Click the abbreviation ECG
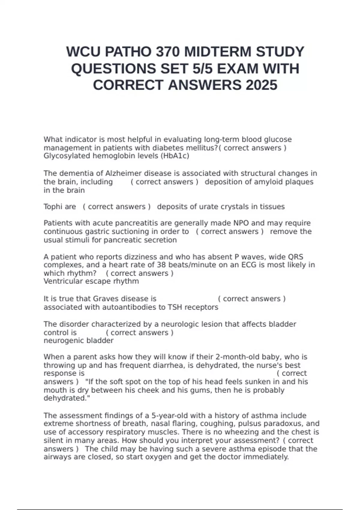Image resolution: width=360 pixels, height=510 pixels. coord(249,265)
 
